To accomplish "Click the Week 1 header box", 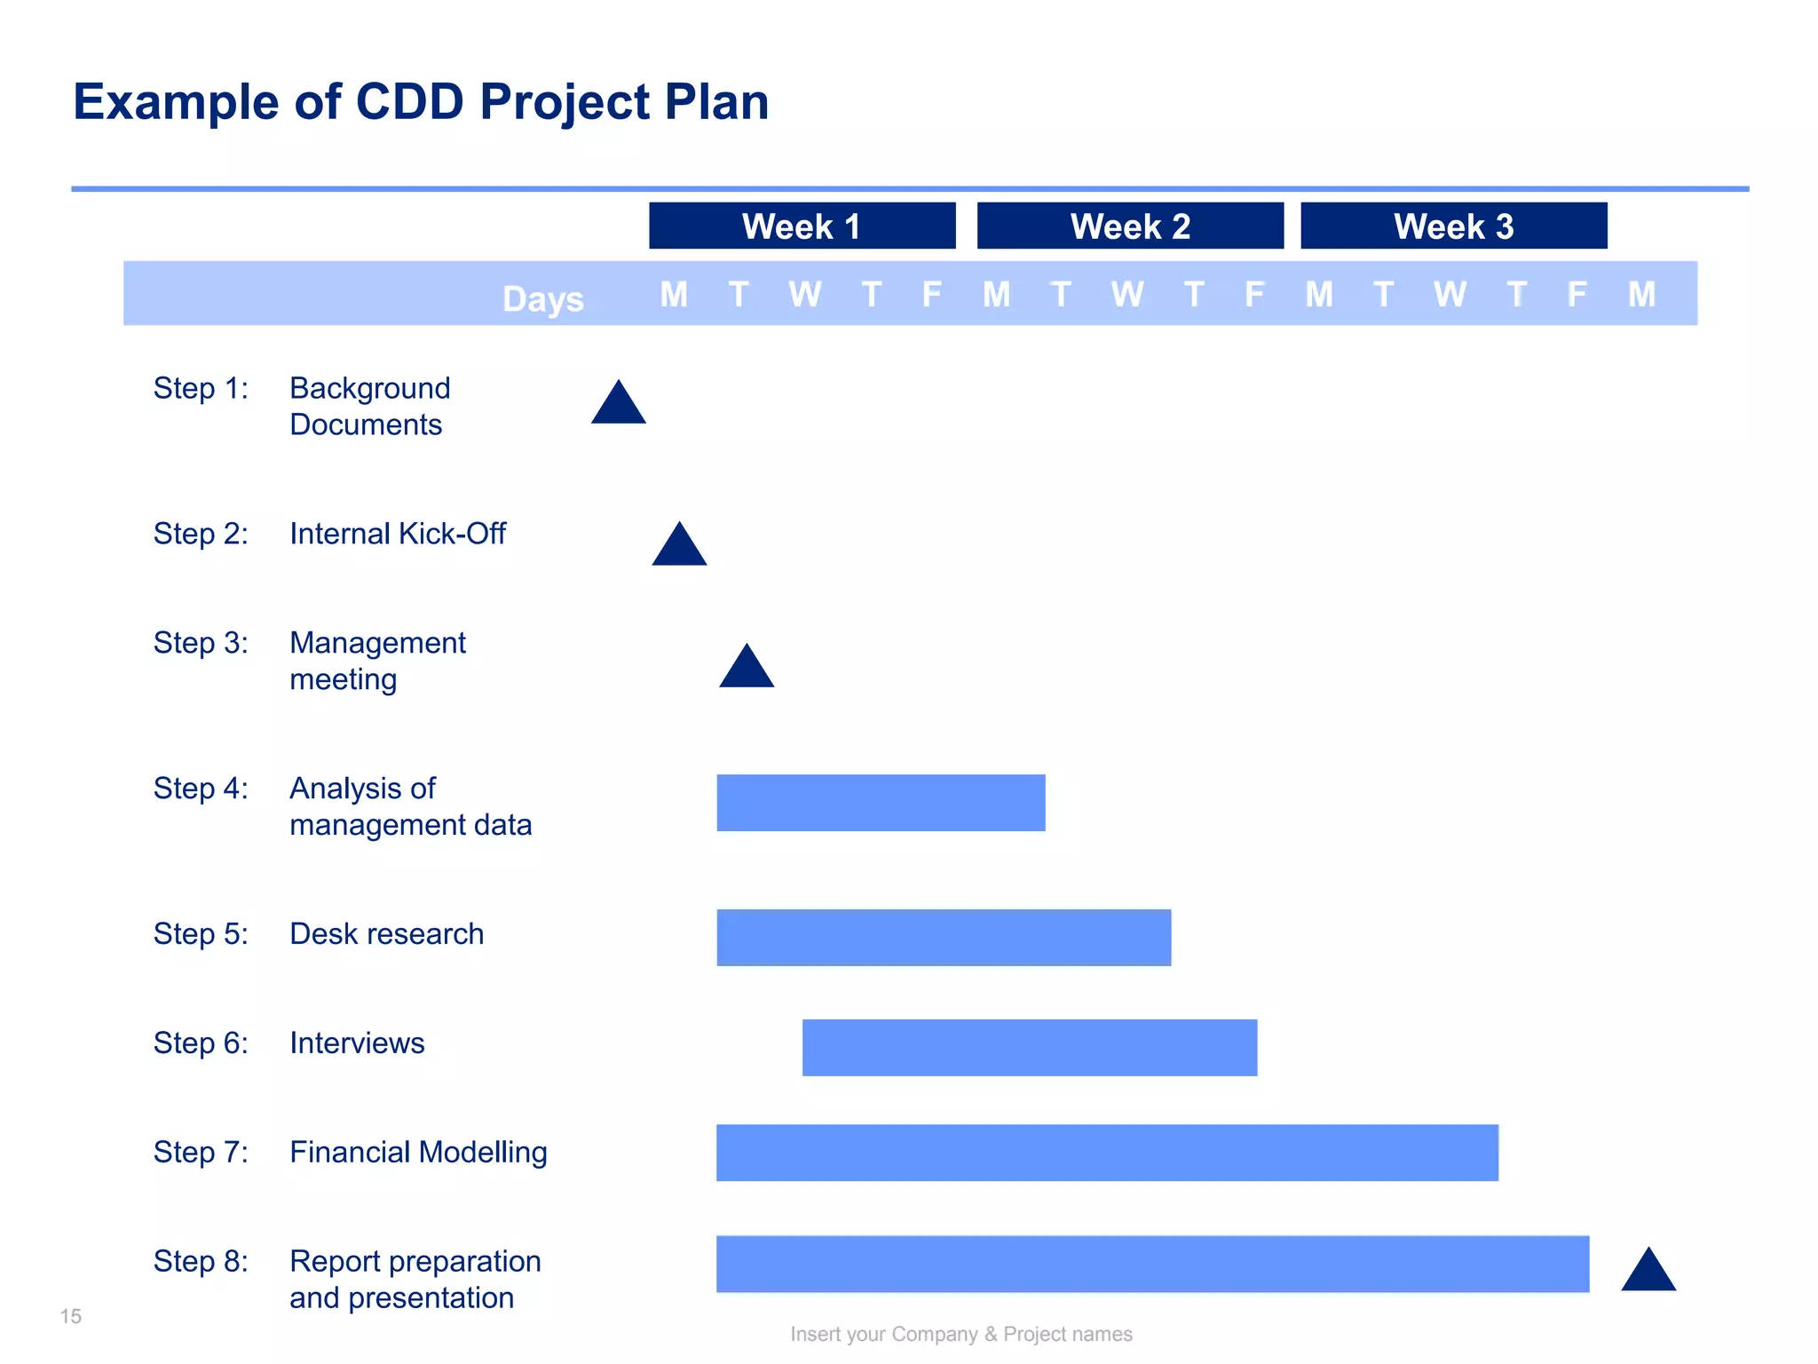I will click(x=802, y=226).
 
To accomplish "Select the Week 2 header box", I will click(x=1130, y=226).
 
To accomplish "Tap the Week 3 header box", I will click(x=1453, y=226).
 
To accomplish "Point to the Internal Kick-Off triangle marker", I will click(x=679, y=547).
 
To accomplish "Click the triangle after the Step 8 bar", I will click(x=1648, y=1273).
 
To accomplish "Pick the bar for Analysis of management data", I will click(x=881, y=803).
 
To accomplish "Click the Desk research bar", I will click(x=944, y=938).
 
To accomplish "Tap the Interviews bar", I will click(x=1030, y=1048).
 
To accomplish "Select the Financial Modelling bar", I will click(x=1107, y=1153).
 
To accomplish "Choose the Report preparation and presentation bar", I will click(x=1152, y=1264).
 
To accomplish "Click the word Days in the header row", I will click(x=542, y=299).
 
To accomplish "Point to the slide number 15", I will click(x=71, y=1316).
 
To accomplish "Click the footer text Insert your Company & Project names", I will click(x=961, y=1334).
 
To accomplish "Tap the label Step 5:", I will click(x=201, y=934).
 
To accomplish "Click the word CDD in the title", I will click(x=409, y=101).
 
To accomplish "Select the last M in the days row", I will click(x=1641, y=294).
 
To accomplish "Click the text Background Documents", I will click(x=369, y=407).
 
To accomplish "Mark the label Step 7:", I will click(x=201, y=1153).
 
